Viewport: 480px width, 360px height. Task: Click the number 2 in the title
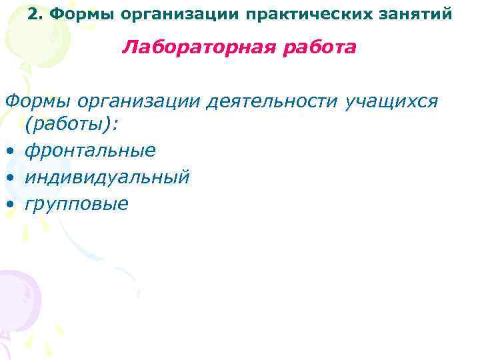[34, 13]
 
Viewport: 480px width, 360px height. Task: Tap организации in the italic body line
[138, 101]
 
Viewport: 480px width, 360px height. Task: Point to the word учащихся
[392, 101]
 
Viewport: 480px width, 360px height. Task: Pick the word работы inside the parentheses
[63, 125]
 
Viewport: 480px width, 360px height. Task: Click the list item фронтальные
[90, 151]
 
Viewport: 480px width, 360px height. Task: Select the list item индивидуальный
[107, 177]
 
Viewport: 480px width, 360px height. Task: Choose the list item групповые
[76, 203]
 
